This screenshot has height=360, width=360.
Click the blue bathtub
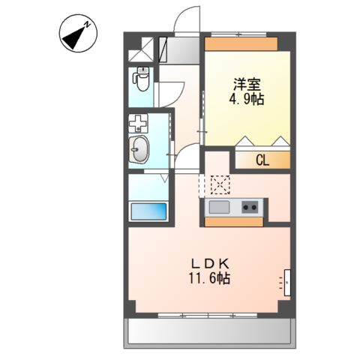[x=148, y=211]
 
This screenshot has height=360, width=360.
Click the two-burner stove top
[x=250, y=206]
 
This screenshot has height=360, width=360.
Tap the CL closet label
[x=261, y=159]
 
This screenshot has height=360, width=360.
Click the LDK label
[x=211, y=263]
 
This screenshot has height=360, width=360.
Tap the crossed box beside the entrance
[x=140, y=49]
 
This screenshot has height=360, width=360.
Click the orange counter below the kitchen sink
[x=234, y=221]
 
